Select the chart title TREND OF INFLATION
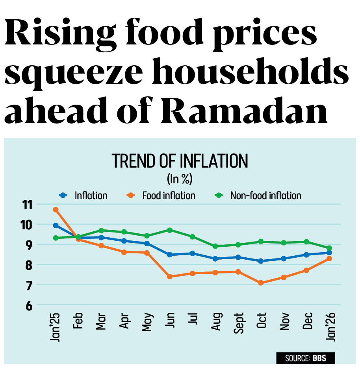(x=180, y=162)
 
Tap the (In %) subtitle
(x=180, y=179)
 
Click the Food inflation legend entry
(x=163, y=195)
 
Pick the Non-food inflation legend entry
(x=260, y=195)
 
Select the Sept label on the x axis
(x=238, y=323)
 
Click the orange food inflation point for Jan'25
(x=56, y=210)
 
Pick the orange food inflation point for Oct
(x=261, y=283)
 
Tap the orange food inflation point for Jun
(x=170, y=277)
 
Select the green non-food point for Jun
(x=170, y=230)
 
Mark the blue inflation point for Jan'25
(x=56, y=225)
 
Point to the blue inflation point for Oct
(x=261, y=261)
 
